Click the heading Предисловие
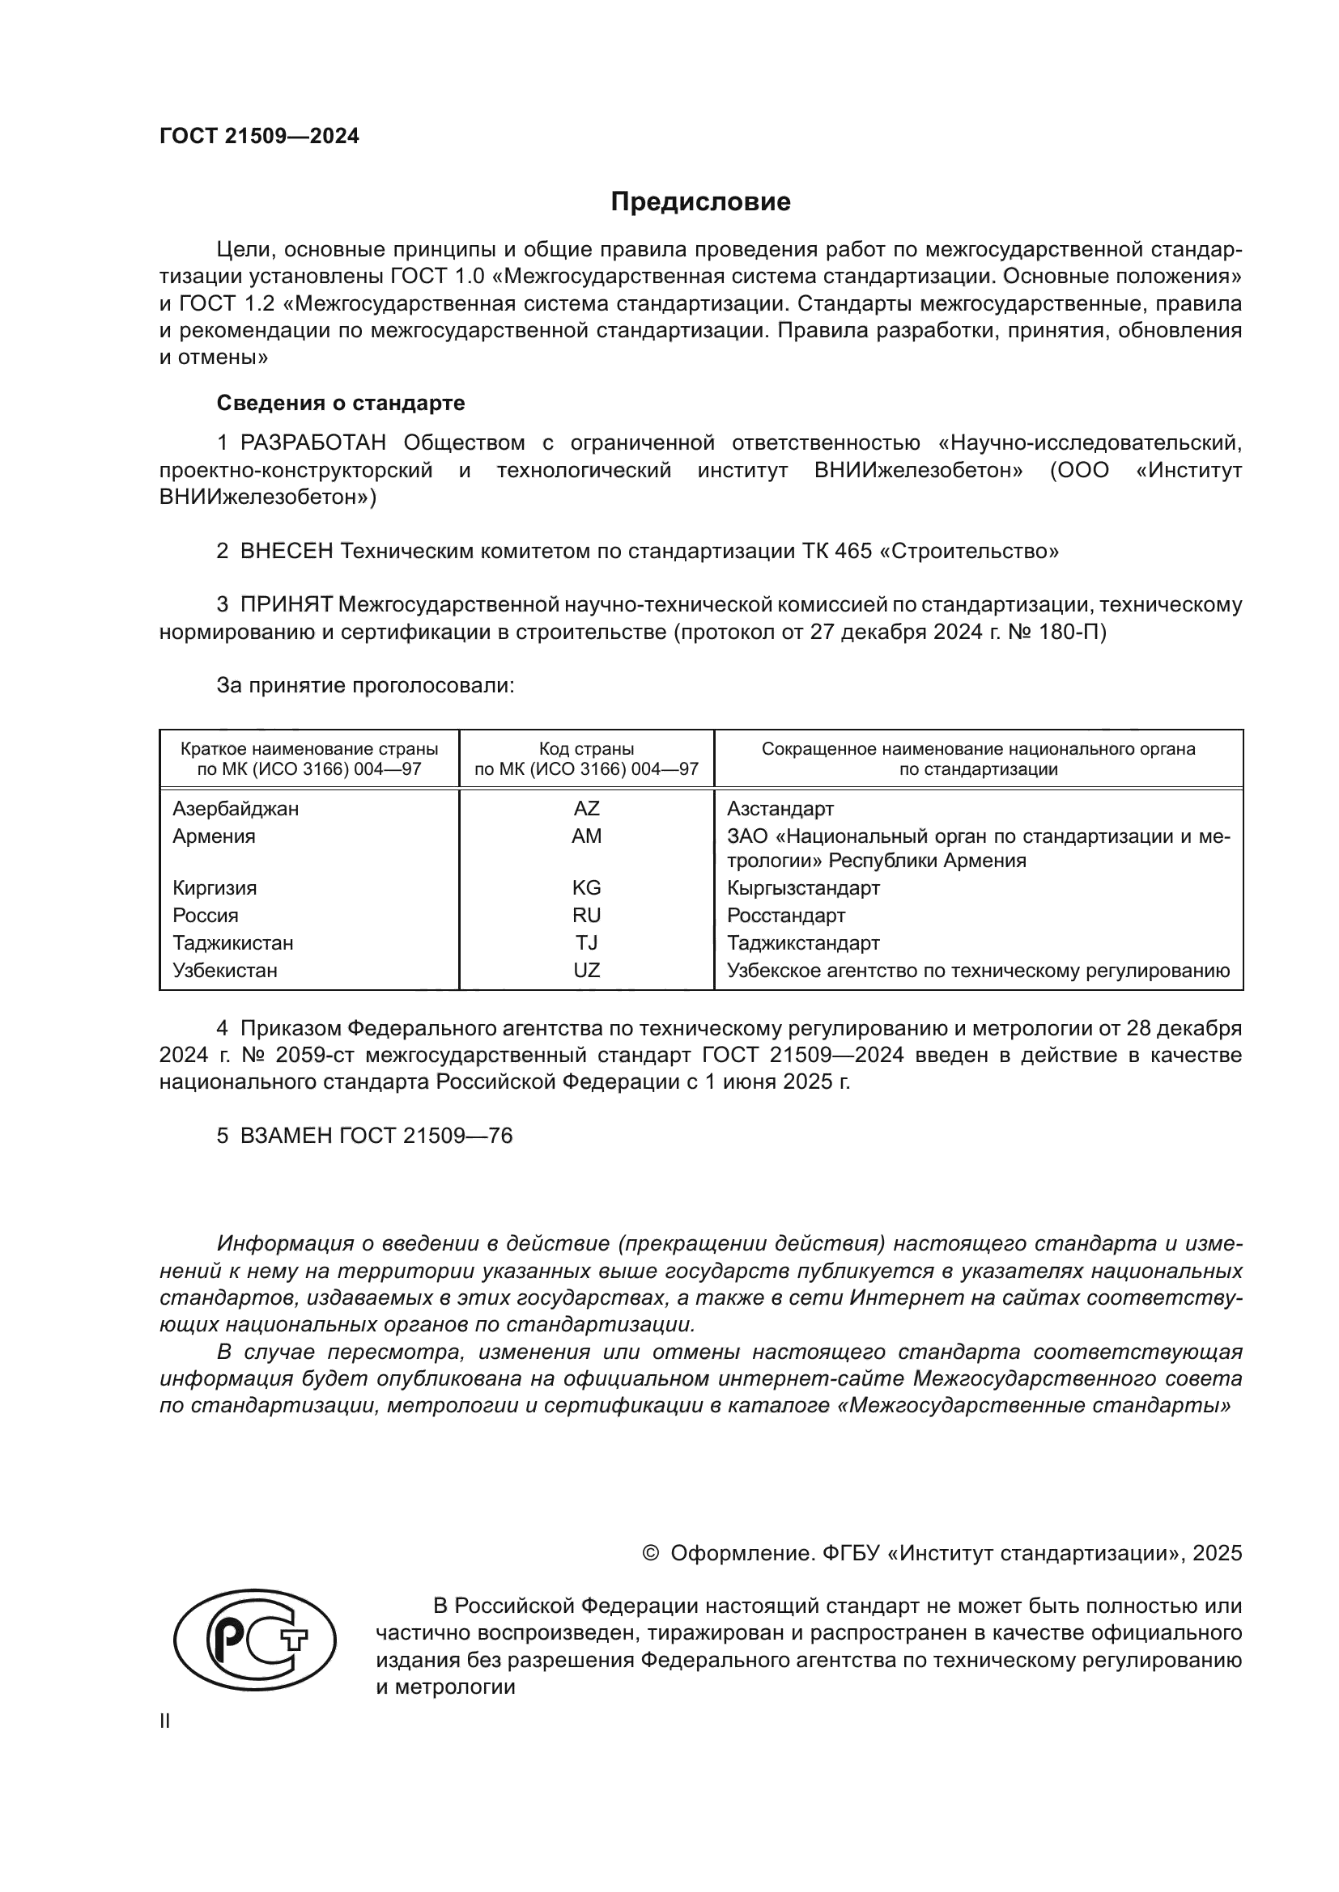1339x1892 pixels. pos(700,202)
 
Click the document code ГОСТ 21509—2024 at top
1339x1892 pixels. pos(259,137)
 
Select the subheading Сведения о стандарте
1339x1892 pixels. pos(341,403)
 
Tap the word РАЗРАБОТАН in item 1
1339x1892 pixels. pos(313,443)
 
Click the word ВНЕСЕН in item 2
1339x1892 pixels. pos(287,552)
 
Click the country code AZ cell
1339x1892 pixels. pos(586,808)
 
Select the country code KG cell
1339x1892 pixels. pos(586,887)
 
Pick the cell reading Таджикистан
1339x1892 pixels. pos(232,942)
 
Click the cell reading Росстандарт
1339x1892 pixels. pos(786,916)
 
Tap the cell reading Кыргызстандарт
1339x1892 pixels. pos(803,887)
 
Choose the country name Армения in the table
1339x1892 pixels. pos(214,836)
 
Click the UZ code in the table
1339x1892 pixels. pos(586,970)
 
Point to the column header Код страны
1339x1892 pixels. pos(586,749)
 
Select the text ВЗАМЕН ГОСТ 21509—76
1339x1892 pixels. pos(376,1136)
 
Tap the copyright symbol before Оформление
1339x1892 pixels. pos(651,1553)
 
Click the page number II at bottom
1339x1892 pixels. pos(165,1721)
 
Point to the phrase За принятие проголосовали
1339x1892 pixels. pos(365,686)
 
